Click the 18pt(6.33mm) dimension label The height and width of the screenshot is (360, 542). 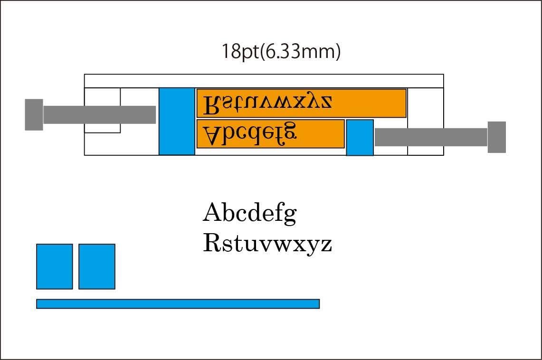click(281, 52)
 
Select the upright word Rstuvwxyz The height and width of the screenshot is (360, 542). click(267, 243)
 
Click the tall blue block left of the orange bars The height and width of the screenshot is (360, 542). click(177, 121)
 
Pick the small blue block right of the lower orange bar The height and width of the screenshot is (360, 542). click(360, 138)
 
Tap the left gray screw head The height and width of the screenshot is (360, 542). click(34, 114)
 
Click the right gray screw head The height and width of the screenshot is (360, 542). click(496, 137)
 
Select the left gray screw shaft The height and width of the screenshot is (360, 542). click(100, 114)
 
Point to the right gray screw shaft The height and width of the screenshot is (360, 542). click(431, 137)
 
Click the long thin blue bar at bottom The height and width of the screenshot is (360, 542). click(178, 303)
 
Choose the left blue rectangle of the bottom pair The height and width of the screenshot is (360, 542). click(55, 266)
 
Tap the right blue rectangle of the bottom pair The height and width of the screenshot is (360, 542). click(97, 266)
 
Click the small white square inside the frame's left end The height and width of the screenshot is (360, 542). click(102, 110)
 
